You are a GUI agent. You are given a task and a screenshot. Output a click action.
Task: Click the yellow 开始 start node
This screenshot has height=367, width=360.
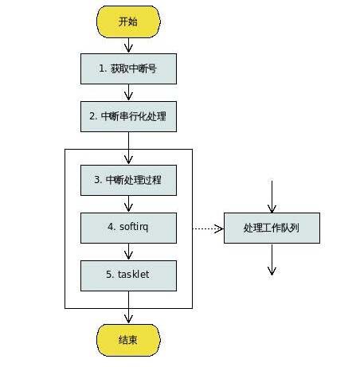[128, 21]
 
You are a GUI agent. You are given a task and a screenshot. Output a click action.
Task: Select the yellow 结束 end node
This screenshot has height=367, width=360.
[128, 340]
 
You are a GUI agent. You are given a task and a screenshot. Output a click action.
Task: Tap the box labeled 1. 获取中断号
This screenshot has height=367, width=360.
[128, 69]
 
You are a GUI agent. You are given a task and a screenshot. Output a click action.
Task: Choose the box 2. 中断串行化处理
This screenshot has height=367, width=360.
[128, 116]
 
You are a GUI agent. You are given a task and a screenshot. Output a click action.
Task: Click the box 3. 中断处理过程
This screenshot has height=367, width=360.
[128, 180]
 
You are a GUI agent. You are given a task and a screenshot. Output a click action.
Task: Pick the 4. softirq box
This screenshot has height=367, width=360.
[128, 228]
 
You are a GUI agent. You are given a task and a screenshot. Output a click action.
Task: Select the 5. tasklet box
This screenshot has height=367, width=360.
[128, 275]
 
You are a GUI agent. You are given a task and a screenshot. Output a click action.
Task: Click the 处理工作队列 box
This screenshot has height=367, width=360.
[272, 228]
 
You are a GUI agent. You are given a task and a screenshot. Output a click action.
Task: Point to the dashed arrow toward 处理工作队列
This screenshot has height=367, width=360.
[208, 228]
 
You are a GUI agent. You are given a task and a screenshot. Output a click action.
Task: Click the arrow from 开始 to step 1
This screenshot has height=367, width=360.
[128, 45]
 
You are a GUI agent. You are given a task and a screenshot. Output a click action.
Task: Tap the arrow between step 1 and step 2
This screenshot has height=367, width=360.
[128, 92]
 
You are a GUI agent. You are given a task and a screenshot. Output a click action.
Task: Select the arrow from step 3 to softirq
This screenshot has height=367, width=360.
[128, 204]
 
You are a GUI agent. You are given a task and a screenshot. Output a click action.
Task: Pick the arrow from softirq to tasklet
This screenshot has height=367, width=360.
[128, 252]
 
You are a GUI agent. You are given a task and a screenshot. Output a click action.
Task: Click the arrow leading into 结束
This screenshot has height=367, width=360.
[128, 307]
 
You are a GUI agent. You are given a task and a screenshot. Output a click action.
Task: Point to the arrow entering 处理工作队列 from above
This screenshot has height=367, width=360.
[272, 197]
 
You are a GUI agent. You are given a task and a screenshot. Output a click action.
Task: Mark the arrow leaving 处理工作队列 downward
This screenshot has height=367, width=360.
[272, 260]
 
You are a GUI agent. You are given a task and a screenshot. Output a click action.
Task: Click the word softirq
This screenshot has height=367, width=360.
[134, 228]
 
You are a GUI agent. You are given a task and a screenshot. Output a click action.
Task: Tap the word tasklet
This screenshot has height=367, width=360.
[133, 275]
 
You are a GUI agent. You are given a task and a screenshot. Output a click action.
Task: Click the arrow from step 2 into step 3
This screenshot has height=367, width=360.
[128, 148]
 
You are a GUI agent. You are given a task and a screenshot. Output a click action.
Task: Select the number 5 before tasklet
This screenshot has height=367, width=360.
[109, 275]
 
